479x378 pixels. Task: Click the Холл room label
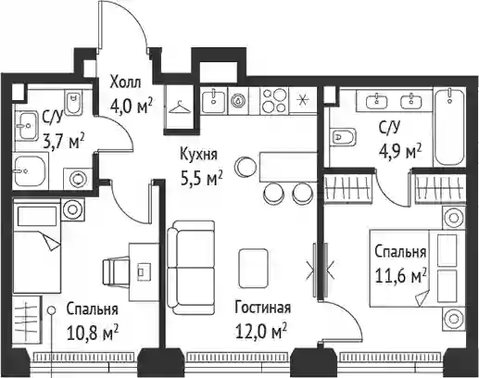[126, 82]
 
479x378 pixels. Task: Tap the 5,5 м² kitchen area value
[201, 179]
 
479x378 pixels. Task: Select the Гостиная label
[262, 308]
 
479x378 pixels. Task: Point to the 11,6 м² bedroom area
[400, 275]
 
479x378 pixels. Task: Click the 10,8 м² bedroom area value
[93, 334]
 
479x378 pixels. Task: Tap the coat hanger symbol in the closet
[180, 107]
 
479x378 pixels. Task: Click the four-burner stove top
[273, 101]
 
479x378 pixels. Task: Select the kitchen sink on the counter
[214, 101]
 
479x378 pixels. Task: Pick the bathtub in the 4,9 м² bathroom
[449, 128]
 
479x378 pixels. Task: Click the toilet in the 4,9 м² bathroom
[343, 136]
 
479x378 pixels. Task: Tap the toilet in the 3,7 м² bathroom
[74, 101]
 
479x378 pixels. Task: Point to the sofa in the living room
[191, 268]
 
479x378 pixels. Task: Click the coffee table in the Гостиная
[253, 269]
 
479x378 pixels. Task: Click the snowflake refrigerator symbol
[302, 101]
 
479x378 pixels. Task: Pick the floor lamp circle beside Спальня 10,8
[52, 309]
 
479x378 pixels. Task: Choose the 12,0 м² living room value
[261, 333]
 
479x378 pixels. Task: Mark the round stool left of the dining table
[245, 166]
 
